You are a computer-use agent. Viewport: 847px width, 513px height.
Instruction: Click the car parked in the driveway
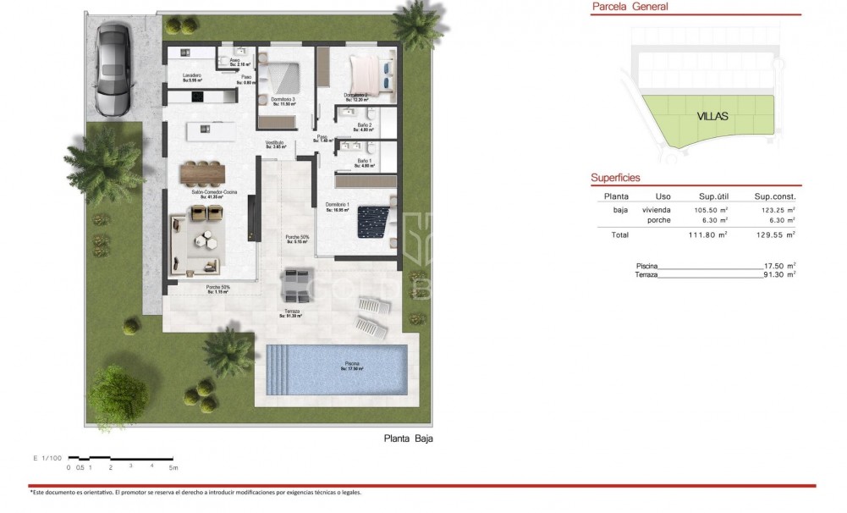(113, 69)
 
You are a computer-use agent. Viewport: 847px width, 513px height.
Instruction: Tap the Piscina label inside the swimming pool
(352, 365)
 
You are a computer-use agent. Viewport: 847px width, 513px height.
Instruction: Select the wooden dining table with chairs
(203, 173)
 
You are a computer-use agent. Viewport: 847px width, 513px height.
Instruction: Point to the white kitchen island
(211, 129)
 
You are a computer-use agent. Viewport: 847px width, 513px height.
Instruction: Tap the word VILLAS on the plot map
(713, 118)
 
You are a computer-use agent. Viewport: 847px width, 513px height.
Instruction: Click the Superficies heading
(615, 179)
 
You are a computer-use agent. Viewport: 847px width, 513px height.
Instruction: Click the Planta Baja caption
(408, 439)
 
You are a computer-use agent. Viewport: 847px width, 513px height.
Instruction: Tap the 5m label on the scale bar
(173, 466)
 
